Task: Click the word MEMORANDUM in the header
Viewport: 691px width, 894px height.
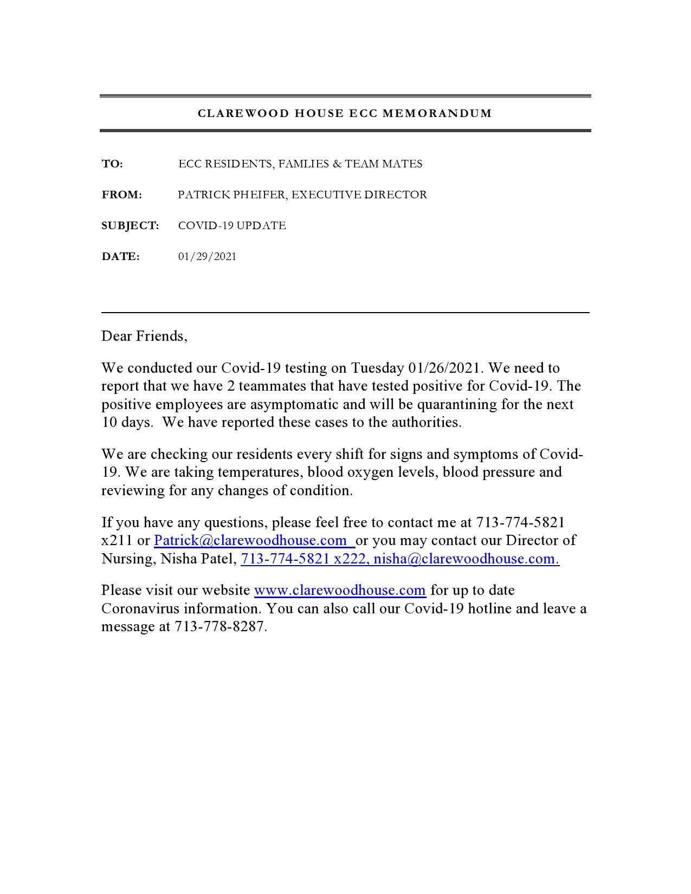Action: tap(437, 113)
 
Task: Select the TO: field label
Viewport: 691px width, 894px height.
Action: tap(112, 164)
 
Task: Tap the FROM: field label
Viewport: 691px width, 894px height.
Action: tap(122, 195)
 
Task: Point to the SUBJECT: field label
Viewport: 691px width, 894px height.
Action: tap(130, 225)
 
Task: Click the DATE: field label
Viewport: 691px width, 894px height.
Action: tap(120, 256)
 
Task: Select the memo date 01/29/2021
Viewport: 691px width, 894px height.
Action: tap(207, 256)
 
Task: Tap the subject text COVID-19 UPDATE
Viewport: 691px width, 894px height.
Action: tap(232, 225)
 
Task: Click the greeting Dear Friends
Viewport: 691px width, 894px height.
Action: tap(144, 336)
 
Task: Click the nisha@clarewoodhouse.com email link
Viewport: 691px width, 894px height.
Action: tap(466, 559)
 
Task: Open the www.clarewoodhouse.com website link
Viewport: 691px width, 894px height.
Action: tap(340, 590)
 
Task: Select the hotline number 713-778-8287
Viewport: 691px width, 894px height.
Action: tap(219, 626)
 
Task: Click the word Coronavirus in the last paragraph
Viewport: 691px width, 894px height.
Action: tap(140, 608)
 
